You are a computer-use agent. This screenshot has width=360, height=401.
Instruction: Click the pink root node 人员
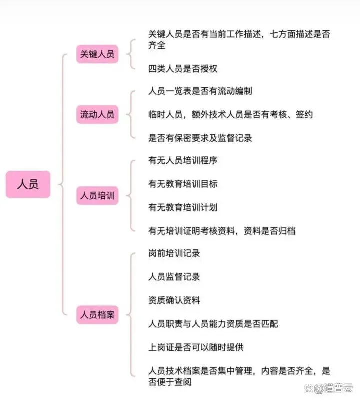click(x=28, y=184)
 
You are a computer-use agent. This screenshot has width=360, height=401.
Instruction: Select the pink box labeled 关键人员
click(x=97, y=54)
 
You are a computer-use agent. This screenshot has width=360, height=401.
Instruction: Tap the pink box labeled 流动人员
click(x=97, y=114)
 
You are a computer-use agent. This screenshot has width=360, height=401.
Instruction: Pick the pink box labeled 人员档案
click(x=97, y=314)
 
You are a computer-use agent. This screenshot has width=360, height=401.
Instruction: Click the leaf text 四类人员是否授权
click(x=183, y=69)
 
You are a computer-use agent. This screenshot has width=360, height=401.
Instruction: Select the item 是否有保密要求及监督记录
click(x=200, y=138)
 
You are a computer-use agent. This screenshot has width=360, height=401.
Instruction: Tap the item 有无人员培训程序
click(x=183, y=161)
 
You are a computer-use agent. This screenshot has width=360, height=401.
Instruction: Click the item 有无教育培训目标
click(x=183, y=184)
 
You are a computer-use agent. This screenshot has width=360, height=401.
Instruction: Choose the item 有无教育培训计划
click(x=183, y=207)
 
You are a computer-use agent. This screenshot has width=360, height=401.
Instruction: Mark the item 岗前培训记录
click(x=174, y=253)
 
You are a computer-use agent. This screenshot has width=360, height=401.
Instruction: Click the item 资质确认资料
click(x=174, y=300)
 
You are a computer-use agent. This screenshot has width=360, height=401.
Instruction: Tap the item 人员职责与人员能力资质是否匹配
click(x=213, y=324)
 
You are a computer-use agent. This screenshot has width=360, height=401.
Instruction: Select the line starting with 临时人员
click(x=230, y=114)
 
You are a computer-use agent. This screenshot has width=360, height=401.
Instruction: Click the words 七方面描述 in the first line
click(x=291, y=34)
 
